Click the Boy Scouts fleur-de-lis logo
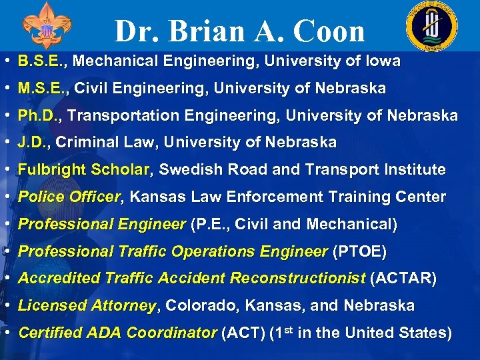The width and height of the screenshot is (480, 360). [x=46, y=26]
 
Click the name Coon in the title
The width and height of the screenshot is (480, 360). [x=327, y=31]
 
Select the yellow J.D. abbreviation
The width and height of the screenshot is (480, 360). [x=33, y=143]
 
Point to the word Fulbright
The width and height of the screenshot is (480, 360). [x=51, y=170]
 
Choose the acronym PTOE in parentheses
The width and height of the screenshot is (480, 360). [x=361, y=251]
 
